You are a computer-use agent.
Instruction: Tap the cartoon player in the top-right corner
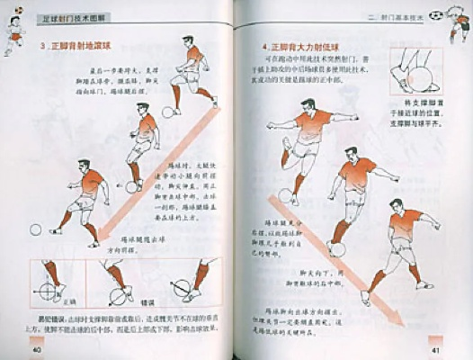[x=458, y=23]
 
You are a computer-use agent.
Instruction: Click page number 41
[x=432, y=349]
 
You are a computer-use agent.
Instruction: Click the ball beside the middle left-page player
[x=131, y=187]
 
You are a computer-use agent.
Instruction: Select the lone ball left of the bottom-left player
[x=36, y=229]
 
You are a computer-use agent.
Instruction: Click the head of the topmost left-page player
[x=187, y=42]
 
